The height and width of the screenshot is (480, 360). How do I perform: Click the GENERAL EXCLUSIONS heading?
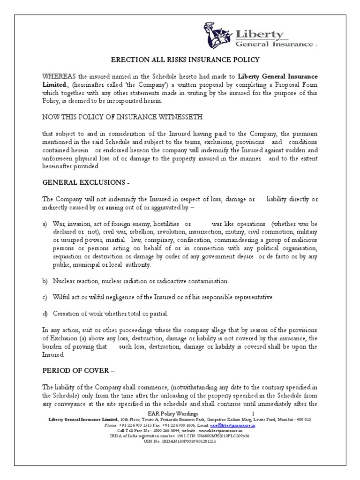tap(81, 182)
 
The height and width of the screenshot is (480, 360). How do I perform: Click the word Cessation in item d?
tap(68, 314)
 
